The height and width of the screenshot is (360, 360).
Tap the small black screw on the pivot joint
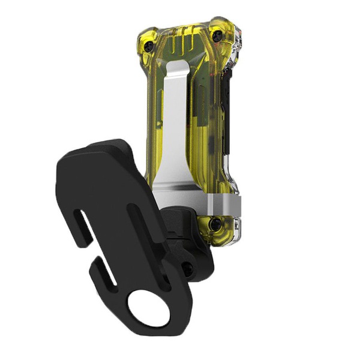coord(188,269)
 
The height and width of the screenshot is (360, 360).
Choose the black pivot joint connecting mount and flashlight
coord(189,246)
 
